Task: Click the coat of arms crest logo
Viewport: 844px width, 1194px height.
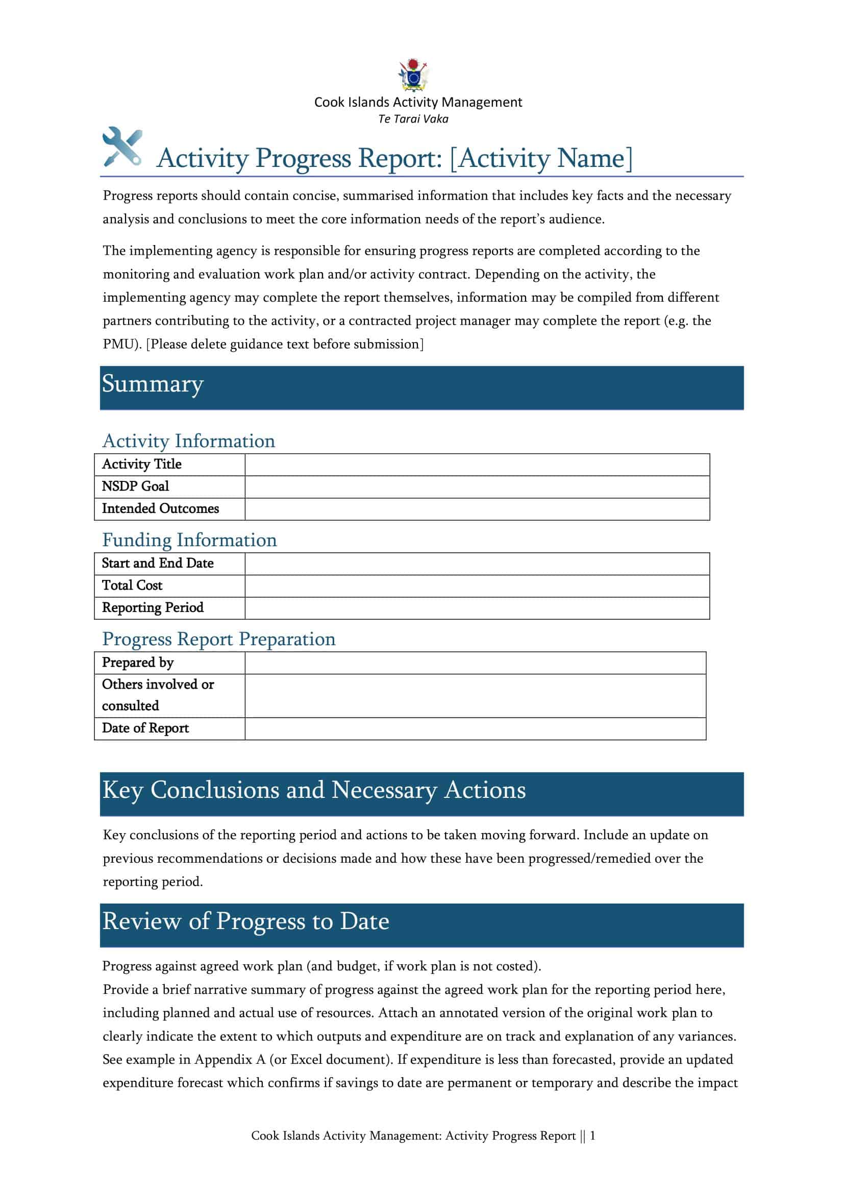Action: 414,75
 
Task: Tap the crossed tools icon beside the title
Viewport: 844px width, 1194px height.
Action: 122,147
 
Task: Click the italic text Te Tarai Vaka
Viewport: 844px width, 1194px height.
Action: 413,119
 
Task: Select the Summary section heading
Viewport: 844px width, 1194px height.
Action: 153,384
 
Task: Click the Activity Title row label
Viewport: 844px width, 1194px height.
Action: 142,464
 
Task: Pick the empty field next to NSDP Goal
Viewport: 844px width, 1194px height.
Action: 477,487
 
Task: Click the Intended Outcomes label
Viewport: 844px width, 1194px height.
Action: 160,508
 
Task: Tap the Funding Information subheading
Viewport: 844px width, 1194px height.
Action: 189,540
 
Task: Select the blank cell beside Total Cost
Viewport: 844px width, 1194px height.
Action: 477,586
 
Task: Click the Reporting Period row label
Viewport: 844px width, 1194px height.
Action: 153,607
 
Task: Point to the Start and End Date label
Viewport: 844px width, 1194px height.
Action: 158,563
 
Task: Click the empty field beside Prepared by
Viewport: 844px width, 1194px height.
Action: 475,663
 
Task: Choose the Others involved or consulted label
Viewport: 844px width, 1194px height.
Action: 158,695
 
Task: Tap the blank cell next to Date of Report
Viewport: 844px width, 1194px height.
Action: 475,728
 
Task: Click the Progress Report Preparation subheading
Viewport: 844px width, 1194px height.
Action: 219,639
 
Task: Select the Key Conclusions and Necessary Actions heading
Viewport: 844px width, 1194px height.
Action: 314,790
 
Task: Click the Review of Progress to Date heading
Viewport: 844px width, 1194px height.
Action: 246,921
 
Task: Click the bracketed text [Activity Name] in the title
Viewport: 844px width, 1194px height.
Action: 541,158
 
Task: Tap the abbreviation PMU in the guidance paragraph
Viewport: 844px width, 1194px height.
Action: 121,344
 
